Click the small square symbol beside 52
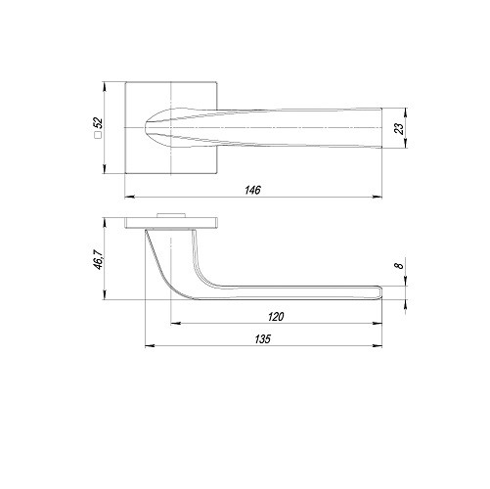(98, 140)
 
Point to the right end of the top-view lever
(377, 127)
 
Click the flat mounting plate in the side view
(171, 222)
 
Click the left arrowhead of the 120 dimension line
(173, 322)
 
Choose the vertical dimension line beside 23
(404, 127)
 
